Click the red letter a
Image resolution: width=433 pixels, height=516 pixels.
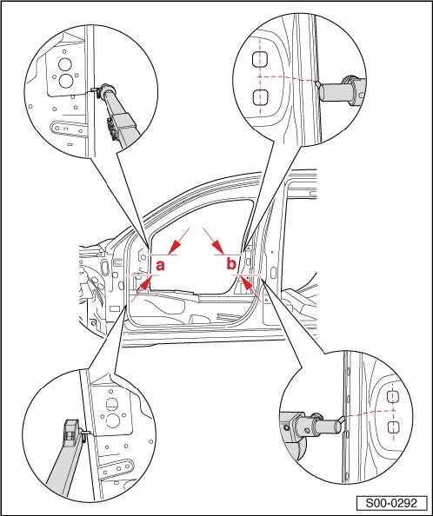(x=160, y=265)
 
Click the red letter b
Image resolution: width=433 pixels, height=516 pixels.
(x=231, y=263)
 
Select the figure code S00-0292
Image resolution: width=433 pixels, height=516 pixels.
(x=391, y=503)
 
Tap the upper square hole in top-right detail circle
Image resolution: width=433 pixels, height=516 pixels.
(x=260, y=59)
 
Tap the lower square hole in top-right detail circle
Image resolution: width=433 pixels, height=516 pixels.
(x=260, y=98)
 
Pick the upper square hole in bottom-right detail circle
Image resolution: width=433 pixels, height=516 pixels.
(x=391, y=396)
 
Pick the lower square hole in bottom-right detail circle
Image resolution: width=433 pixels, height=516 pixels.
(x=391, y=427)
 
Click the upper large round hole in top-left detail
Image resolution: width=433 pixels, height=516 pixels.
(x=65, y=64)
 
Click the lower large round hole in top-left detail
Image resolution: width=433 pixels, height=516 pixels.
(x=66, y=81)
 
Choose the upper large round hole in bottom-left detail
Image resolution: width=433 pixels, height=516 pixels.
(x=112, y=404)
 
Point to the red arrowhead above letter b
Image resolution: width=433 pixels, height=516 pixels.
(x=218, y=248)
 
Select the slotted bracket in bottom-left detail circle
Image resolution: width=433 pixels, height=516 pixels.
(x=117, y=468)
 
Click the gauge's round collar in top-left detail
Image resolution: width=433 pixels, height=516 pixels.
(x=108, y=90)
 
